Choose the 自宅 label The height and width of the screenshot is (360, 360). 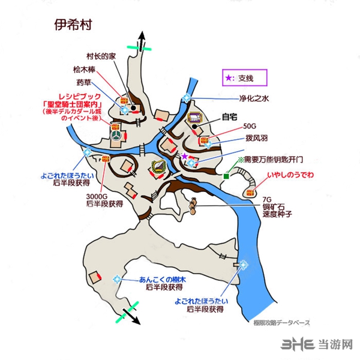click(230, 118)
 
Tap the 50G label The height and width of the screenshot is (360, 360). click(249, 128)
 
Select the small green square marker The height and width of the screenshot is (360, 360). click(227, 176)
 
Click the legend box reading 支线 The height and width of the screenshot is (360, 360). click(242, 78)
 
